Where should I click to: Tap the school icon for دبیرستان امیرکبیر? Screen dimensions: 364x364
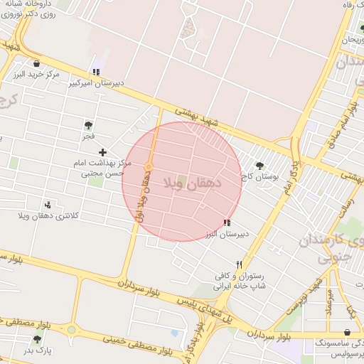point(96,72)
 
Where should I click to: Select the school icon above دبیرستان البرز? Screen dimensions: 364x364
point(227,223)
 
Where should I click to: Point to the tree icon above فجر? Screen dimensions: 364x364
point(88,125)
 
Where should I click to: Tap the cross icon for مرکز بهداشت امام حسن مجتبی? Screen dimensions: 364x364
point(103,152)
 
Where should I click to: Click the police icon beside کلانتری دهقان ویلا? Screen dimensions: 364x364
point(48,205)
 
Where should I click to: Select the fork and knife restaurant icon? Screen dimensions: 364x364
point(239,264)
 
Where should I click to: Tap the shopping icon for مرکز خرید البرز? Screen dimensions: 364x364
point(36,64)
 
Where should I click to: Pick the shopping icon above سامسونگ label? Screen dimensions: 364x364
point(346,332)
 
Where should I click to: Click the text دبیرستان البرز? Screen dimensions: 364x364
point(226,233)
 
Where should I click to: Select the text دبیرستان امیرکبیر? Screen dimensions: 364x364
point(96,82)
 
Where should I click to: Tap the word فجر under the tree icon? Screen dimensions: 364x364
point(88,135)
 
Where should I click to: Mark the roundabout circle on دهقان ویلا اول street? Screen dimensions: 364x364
point(149,167)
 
